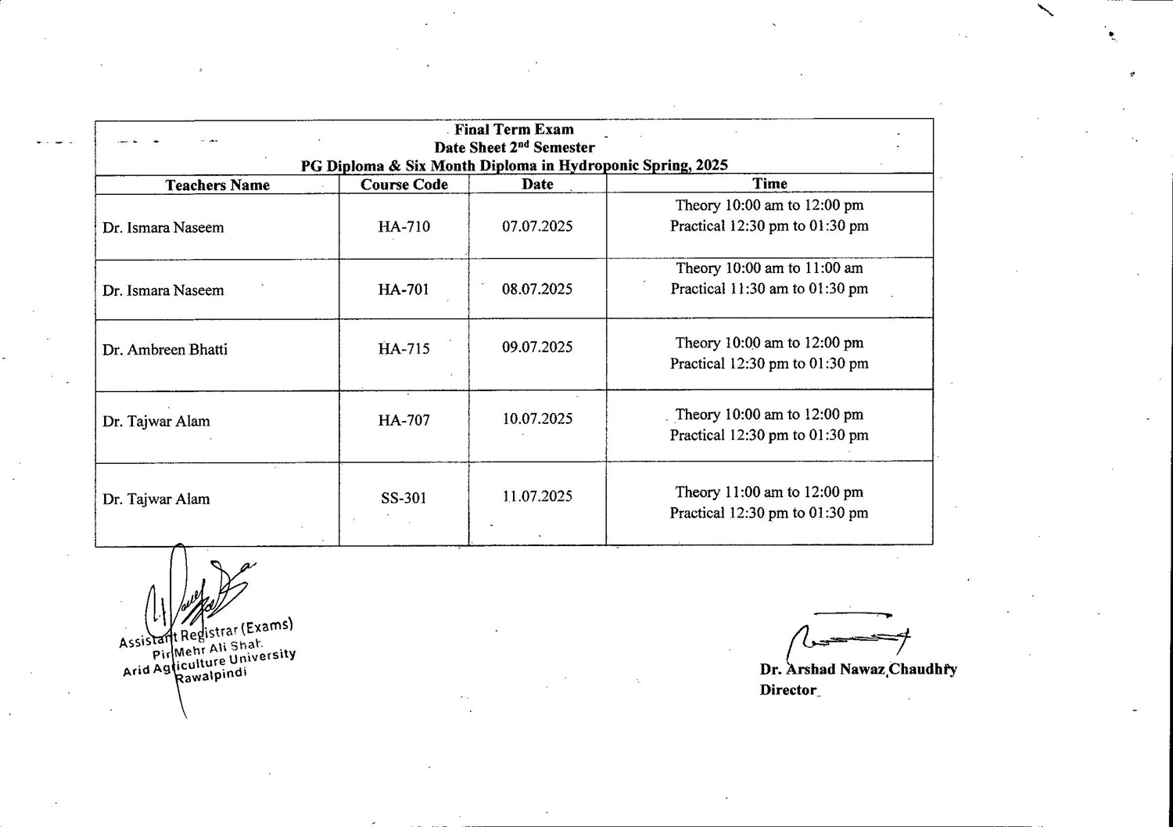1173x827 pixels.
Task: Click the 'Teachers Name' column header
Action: tap(217, 185)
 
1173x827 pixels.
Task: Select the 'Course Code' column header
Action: tap(404, 185)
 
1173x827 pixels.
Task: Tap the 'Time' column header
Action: tap(769, 184)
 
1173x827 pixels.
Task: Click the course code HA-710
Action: tap(404, 227)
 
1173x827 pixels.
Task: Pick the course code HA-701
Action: tap(404, 289)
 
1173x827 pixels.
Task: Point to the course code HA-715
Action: tap(404, 349)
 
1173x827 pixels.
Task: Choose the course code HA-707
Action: tap(404, 420)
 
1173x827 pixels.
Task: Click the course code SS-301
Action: tap(404, 498)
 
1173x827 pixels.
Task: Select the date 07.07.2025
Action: tap(537, 226)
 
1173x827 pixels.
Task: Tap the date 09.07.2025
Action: tap(537, 347)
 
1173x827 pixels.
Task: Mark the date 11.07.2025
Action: tap(537, 496)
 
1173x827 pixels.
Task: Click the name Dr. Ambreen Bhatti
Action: tap(165, 350)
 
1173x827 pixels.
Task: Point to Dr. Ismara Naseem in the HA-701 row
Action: tap(163, 290)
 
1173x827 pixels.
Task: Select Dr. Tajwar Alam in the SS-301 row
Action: tap(156, 499)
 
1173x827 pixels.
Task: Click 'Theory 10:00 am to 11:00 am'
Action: tap(769, 268)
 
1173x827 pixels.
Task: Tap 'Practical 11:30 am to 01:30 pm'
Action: tap(769, 289)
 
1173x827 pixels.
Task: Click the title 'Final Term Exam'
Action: tap(514, 130)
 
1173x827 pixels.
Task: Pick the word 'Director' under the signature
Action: tap(788, 690)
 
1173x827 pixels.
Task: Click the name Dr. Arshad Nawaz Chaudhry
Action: tap(858, 670)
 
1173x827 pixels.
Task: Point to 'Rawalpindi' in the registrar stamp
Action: tap(211, 675)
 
